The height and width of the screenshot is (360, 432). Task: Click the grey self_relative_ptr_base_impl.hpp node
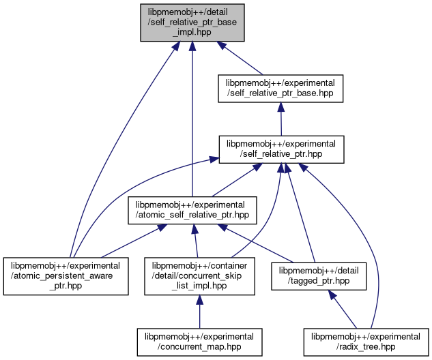coord(192,22)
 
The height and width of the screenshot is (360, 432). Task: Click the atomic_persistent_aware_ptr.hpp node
coord(66,275)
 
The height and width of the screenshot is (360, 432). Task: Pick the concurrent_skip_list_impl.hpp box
coord(199,275)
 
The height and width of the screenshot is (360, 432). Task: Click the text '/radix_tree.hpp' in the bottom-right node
coord(366,347)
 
